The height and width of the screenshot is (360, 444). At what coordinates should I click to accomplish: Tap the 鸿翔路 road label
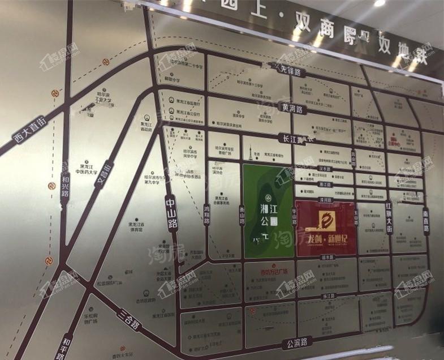click(x=206, y=206)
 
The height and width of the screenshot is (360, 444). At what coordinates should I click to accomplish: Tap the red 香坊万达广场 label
click(x=270, y=271)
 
